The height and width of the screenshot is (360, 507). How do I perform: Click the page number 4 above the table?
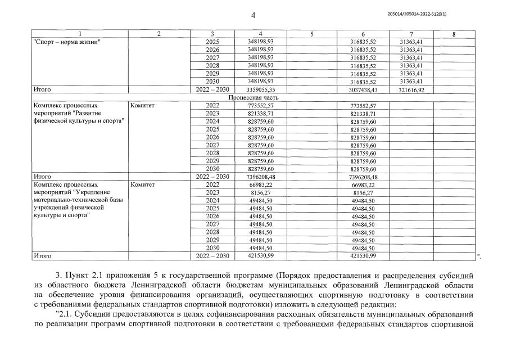[253, 15]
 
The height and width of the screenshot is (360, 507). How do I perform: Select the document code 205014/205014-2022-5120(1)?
[422, 14]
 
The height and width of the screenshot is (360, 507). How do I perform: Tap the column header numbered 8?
[454, 34]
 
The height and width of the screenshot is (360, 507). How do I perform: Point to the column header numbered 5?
[311, 34]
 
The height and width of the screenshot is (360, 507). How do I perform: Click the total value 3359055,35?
[260, 89]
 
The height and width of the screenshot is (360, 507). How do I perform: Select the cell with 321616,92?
[411, 89]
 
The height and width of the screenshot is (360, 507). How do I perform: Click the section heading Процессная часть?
[253, 97]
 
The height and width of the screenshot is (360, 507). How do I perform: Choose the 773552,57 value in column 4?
[260, 105]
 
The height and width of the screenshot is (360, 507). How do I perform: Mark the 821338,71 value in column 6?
[363, 114]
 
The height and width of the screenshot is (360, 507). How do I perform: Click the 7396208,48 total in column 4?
[260, 177]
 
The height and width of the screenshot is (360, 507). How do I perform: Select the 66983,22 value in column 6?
[363, 184]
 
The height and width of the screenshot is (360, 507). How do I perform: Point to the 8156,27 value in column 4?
[260, 192]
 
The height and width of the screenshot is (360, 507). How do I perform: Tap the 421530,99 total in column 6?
[363, 256]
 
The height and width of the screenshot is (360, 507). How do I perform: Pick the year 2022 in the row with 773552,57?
[212, 105]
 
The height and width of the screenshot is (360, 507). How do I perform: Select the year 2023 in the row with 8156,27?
[212, 192]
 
